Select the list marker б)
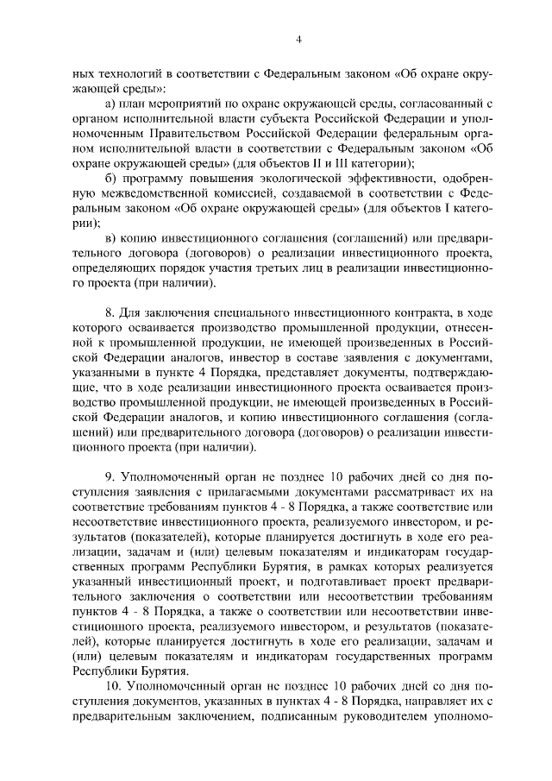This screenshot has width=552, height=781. (109, 179)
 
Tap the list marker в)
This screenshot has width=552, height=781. (109, 237)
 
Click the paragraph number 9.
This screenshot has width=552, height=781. (109, 474)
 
